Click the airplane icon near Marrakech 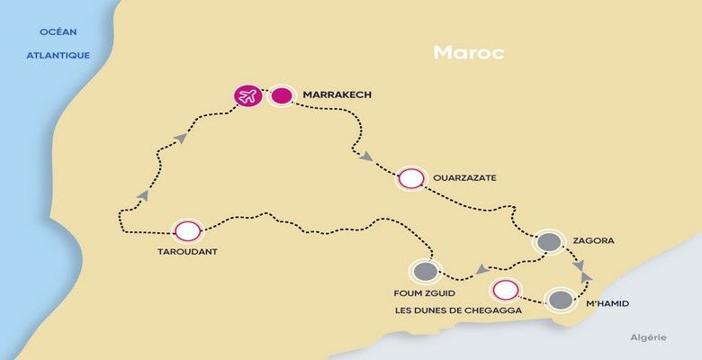point(247,94)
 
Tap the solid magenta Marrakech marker point(282,94)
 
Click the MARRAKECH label point(337,94)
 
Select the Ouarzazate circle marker point(411,178)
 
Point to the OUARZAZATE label point(464,178)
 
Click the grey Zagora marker point(548,242)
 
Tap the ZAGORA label point(593,242)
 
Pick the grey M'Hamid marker point(561,301)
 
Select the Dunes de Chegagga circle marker point(506,290)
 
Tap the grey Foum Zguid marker point(425,271)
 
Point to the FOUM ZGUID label point(424,292)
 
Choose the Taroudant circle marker point(186,230)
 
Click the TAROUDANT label point(186,252)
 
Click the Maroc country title point(468,51)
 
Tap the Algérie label point(648,337)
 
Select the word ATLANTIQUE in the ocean point(58,55)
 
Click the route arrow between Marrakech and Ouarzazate point(366,157)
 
